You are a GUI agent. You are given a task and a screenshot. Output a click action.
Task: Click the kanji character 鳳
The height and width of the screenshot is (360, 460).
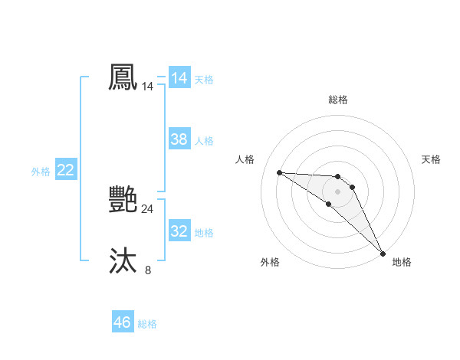pos(123,78)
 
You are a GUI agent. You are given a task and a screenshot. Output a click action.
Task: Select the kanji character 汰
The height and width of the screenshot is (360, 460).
pos(123,261)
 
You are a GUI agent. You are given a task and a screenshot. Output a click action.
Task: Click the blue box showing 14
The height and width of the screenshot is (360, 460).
pos(179,78)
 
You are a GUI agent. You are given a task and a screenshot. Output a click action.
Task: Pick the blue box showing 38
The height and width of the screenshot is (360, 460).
pos(179,139)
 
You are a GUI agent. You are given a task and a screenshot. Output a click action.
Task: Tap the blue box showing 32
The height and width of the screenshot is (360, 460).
pos(179,231)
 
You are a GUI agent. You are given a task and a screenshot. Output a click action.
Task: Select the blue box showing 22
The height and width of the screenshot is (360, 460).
pos(65,170)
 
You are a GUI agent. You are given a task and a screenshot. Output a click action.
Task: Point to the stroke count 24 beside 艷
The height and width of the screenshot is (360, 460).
pos(147,208)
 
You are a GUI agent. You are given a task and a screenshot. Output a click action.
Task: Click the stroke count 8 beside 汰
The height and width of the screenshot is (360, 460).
pos(148,270)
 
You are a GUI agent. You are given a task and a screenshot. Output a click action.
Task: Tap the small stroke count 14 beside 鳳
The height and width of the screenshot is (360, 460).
pos(147,87)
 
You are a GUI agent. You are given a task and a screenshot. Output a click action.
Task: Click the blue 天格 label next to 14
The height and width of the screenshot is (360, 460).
pos(204,79)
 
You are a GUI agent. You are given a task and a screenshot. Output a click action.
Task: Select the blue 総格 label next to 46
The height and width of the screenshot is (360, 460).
pos(147,324)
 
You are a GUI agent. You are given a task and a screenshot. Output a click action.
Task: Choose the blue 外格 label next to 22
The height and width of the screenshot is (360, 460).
pos(41,172)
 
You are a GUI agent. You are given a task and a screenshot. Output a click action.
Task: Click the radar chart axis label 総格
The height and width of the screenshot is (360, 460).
pos(337,100)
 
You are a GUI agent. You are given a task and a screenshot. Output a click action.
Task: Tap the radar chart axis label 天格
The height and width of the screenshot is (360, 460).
pos(432,159)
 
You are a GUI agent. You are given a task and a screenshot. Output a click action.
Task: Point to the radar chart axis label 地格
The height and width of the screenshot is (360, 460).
pos(402,262)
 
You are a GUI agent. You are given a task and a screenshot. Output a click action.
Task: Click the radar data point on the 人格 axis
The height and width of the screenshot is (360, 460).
pos(279,172)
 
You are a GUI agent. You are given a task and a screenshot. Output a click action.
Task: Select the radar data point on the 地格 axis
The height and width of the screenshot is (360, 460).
pos(383,254)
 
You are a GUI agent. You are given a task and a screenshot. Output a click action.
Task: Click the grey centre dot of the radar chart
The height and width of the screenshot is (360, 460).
pos(337,191)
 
